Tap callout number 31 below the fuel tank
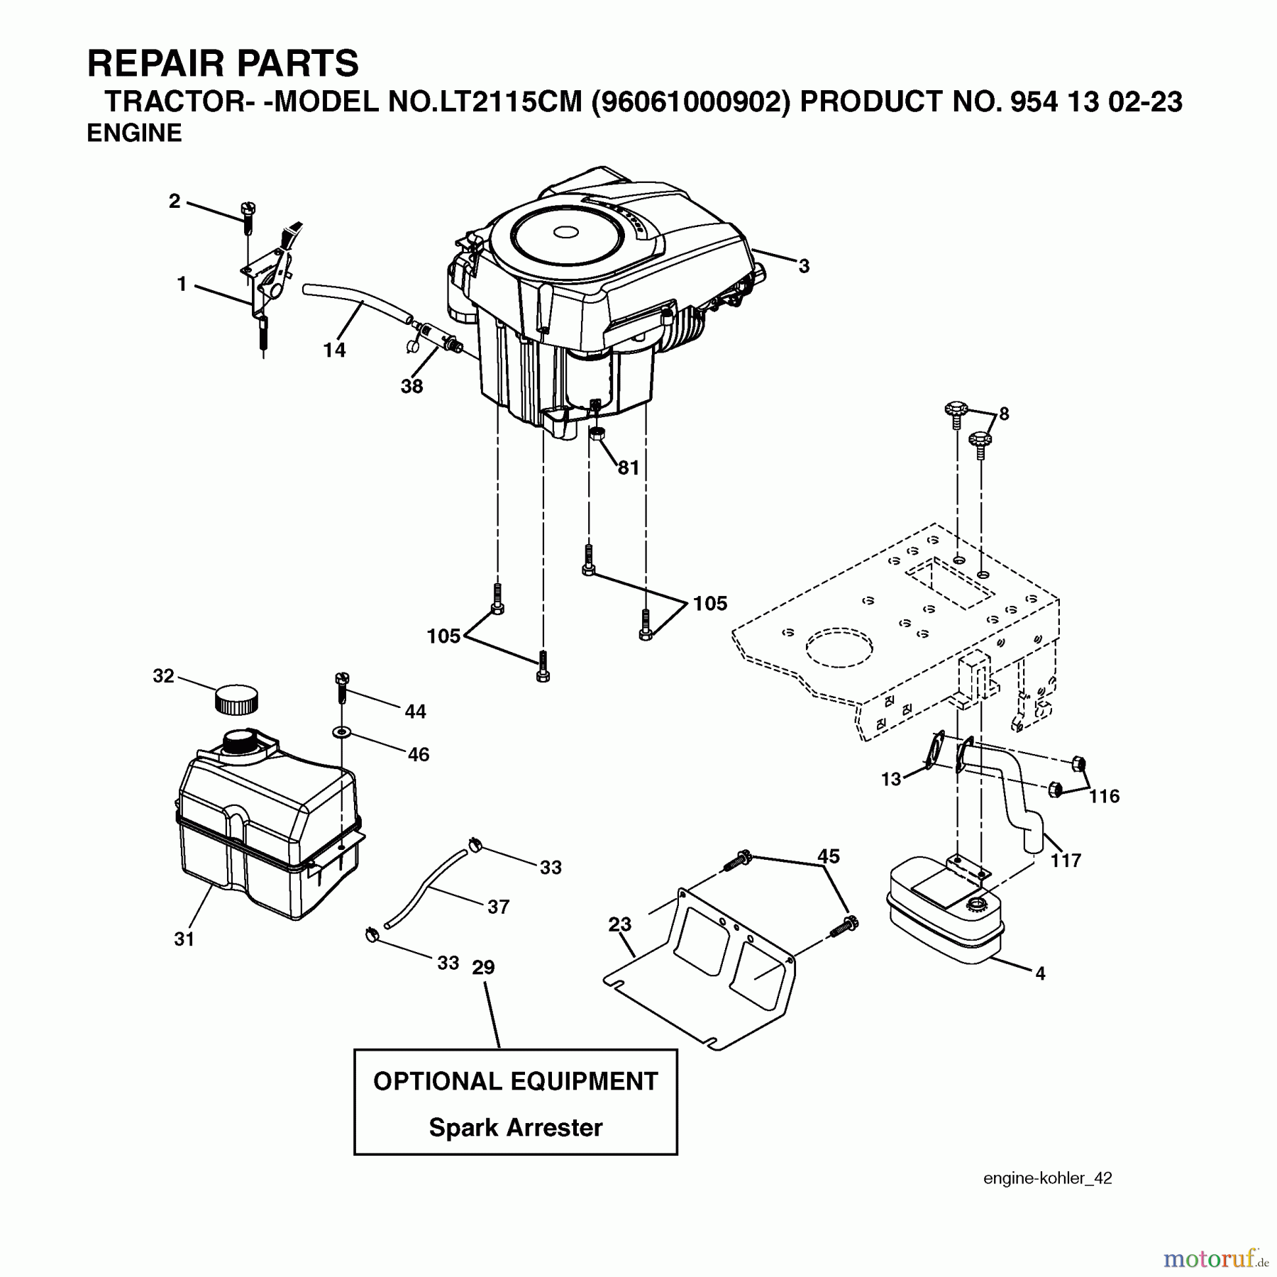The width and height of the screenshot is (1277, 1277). [184, 939]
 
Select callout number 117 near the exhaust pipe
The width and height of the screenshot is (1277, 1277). [1066, 861]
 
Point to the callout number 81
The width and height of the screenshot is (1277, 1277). [629, 468]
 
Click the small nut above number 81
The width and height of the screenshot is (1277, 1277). [597, 433]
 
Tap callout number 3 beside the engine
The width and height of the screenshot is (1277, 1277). [803, 266]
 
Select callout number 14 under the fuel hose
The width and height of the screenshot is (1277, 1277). [334, 350]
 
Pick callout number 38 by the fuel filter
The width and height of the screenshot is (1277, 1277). [411, 386]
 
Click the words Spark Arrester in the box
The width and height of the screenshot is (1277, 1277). [516, 1127]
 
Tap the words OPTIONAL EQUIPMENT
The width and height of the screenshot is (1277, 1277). [516, 1081]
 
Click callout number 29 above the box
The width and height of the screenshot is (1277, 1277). [483, 968]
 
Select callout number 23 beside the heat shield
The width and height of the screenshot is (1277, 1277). [619, 924]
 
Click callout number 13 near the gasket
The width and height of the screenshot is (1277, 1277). [891, 779]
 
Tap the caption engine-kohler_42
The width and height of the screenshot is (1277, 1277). [1047, 1178]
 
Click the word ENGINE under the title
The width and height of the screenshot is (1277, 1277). [134, 133]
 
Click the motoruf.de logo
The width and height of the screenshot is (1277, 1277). [1215, 1259]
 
